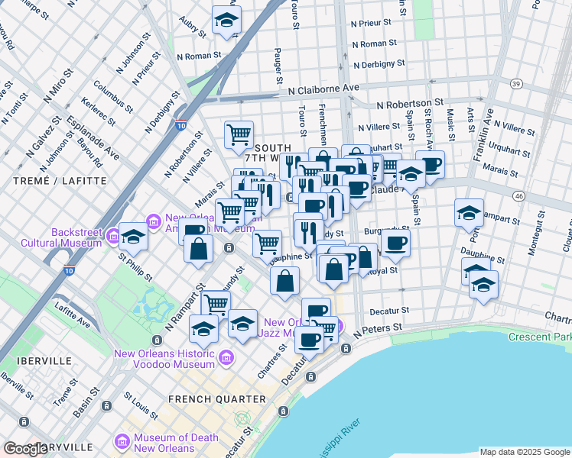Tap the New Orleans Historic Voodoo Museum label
[x=164, y=359]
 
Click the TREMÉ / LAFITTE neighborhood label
[x=54, y=181]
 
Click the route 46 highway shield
[x=518, y=196]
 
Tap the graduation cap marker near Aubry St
[x=226, y=21]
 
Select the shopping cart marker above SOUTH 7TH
[x=239, y=135]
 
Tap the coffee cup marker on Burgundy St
[x=395, y=242]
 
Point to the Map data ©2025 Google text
[x=524, y=452]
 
